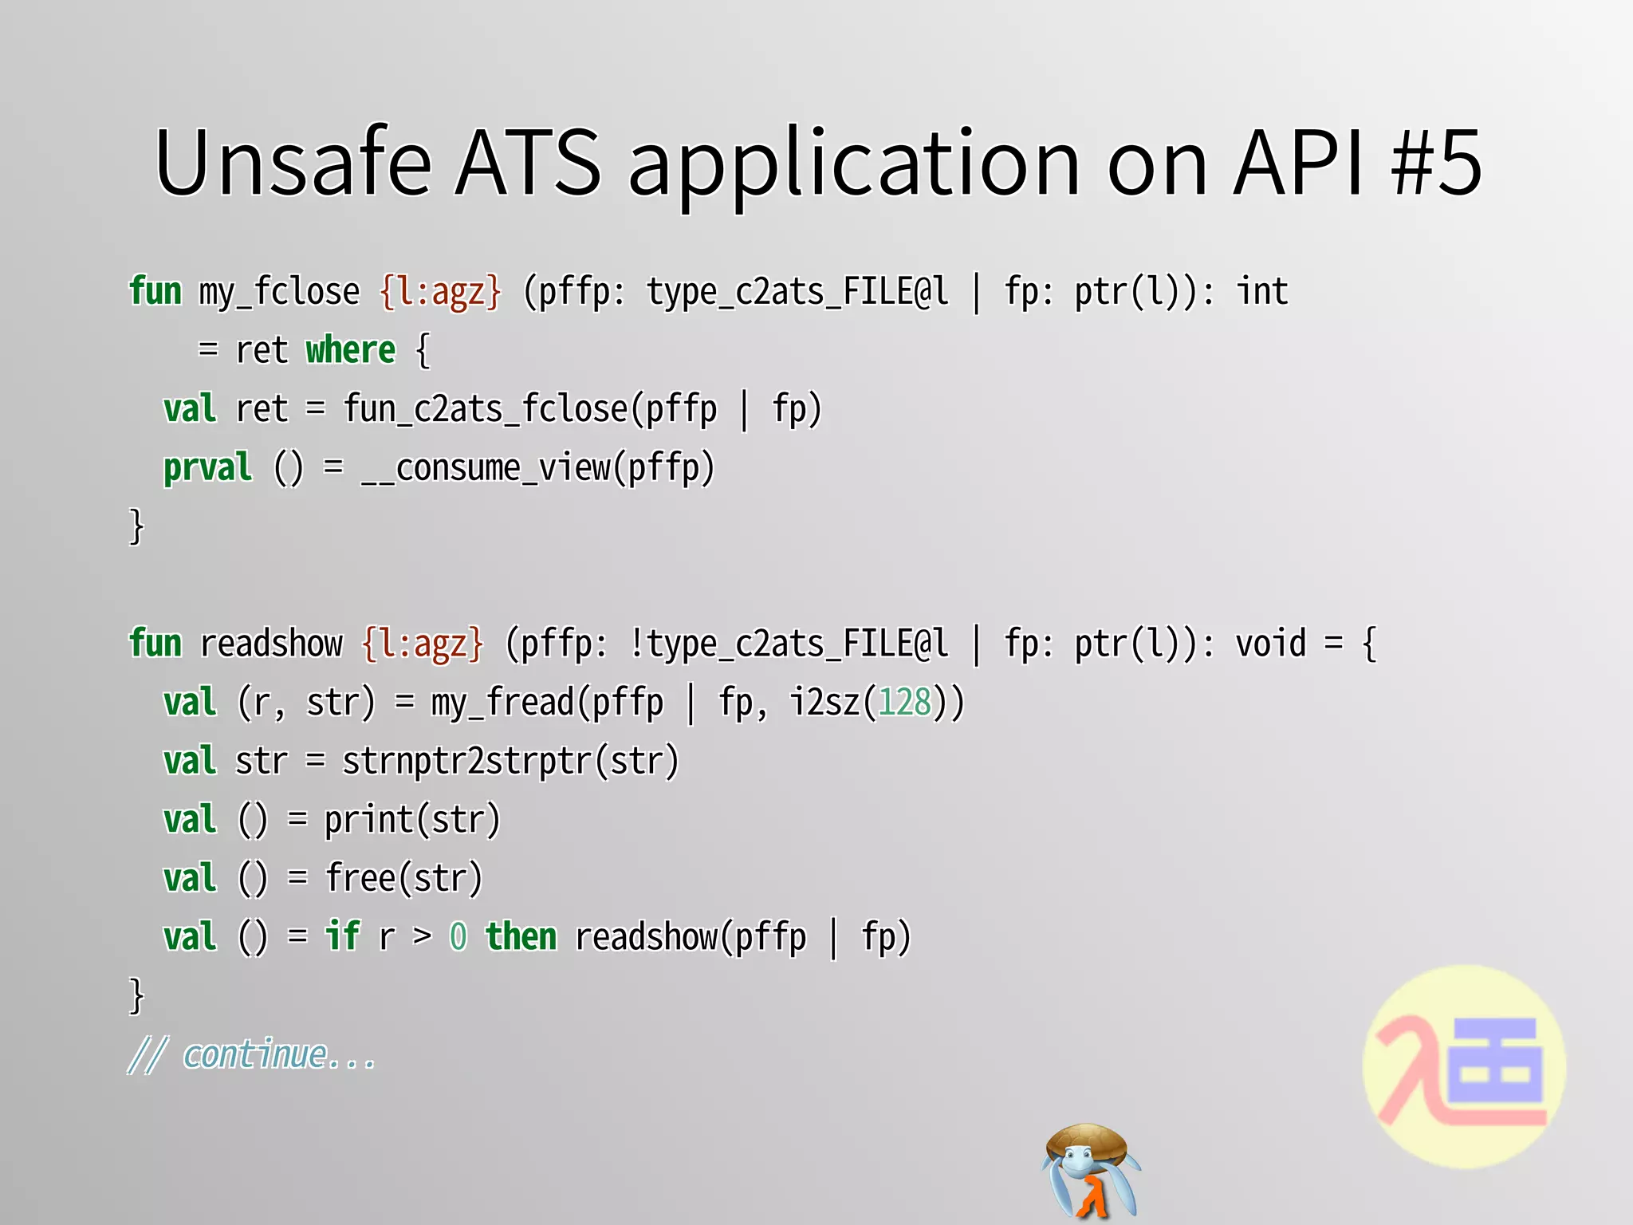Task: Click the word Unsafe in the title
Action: coord(293,163)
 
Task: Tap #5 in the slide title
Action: coord(1435,163)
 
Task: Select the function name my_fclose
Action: coord(279,292)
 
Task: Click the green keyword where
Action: coord(351,351)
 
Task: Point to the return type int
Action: coord(1262,292)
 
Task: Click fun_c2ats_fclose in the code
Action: coord(486,410)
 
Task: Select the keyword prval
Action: coord(207,469)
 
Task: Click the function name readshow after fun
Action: coord(271,644)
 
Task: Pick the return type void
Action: coord(1271,644)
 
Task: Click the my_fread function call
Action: coord(502,703)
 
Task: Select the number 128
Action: coord(904,703)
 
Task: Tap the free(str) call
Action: coord(403,879)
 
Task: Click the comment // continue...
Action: coord(252,1056)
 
